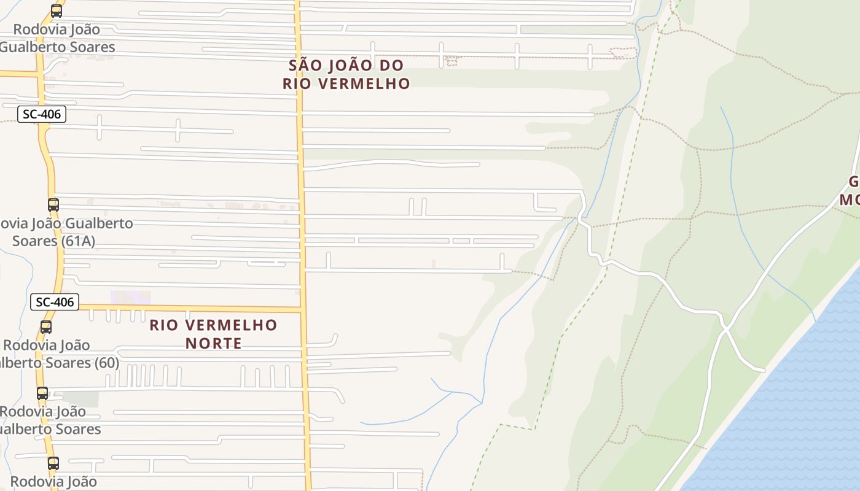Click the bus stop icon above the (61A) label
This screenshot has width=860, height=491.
pyautogui.click(x=53, y=205)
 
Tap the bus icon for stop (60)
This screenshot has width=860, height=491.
pyautogui.click(x=46, y=327)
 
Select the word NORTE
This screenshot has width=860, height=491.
pyautogui.click(x=214, y=343)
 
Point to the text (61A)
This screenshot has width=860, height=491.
pyautogui.click(x=78, y=241)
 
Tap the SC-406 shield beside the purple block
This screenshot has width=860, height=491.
pyautogui.click(x=55, y=302)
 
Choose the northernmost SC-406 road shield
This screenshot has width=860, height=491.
pyautogui.click(x=42, y=114)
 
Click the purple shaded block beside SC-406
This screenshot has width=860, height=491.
pyautogui.click(x=130, y=297)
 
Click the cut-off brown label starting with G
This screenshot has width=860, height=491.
pyautogui.click(x=851, y=191)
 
